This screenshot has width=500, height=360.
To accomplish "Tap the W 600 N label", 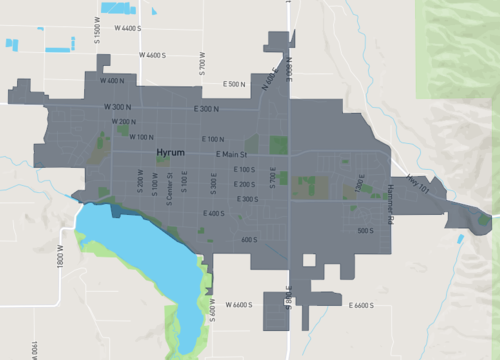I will (x=112, y=80).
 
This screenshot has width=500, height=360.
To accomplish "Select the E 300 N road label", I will (x=207, y=108).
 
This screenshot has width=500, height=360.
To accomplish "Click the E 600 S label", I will (x=211, y=213).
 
